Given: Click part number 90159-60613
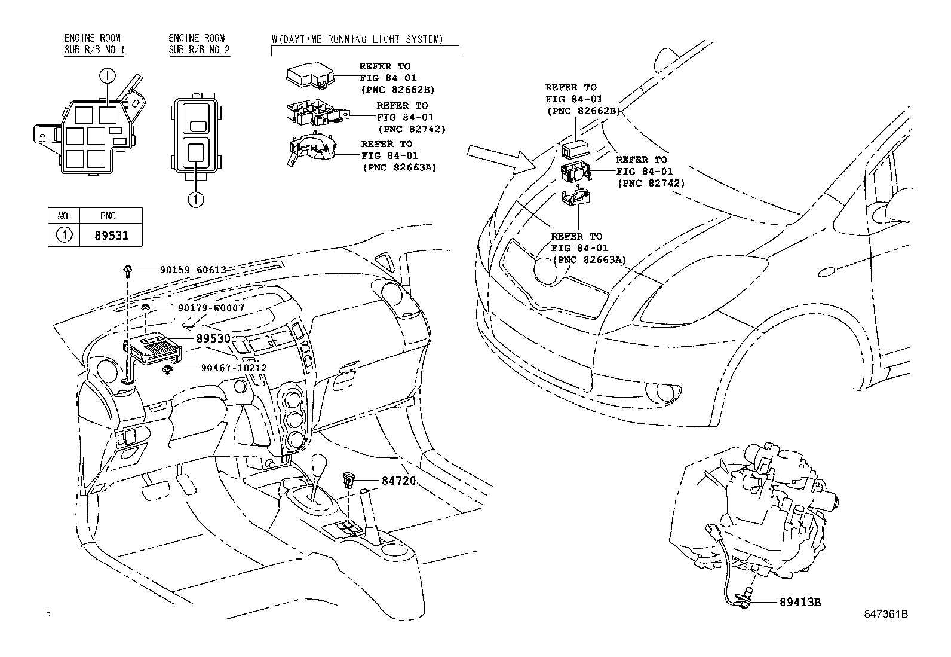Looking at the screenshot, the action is point(193,270).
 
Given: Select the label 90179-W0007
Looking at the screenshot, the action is point(211,308).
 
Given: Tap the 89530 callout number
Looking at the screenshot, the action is point(213,338).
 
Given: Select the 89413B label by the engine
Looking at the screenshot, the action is point(800,602).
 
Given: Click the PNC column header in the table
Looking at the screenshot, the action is point(108,216).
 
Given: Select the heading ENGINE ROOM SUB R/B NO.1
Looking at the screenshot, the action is point(94,44).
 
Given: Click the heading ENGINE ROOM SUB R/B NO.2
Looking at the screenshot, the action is point(199,44).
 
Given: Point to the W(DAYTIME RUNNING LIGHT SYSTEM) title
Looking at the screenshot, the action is point(357,39).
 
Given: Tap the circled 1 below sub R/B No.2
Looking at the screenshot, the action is point(196,200).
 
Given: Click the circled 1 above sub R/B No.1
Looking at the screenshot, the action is point(106,76).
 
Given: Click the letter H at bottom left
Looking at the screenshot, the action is point(48,613).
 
